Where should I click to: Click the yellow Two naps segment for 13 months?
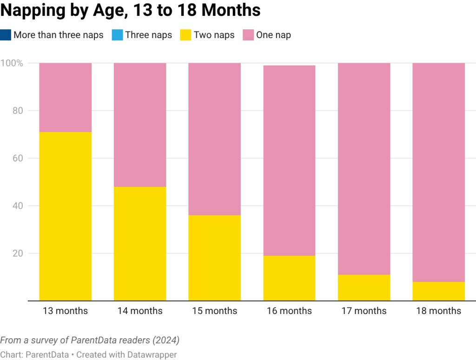pyautogui.click(x=66, y=216)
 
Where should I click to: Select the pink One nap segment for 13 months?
pyautogui.click(x=66, y=98)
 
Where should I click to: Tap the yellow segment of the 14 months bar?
pyautogui.click(x=140, y=243)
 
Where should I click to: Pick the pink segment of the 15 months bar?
pyautogui.click(x=215, y=139)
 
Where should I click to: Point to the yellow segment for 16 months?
pyautogui.click(x=289, y=278)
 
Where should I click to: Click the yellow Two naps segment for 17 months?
pyautogui.click(x=364, y=288)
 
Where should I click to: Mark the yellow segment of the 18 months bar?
pyautogui.click(x=438, y=291)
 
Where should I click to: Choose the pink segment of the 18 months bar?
pyautogui.click(x=438, y=172)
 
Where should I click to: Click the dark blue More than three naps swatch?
pyautogui.click(x=6, y=35)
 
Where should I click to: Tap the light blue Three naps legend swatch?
pyautogui.click(x=117, y=35)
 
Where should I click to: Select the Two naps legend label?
pyautogui.click(x=214, y=35)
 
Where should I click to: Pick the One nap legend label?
pyautogui.click(x=274, y=35)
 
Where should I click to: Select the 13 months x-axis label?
pyautogui.click(x=66, y=311)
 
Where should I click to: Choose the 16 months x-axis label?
pyautogui.click(x=289, y=311)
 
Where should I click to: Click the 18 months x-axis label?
pyautogui.click(x=438, y=311)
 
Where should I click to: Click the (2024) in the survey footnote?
pyautogui.click(x=166, y=340)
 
